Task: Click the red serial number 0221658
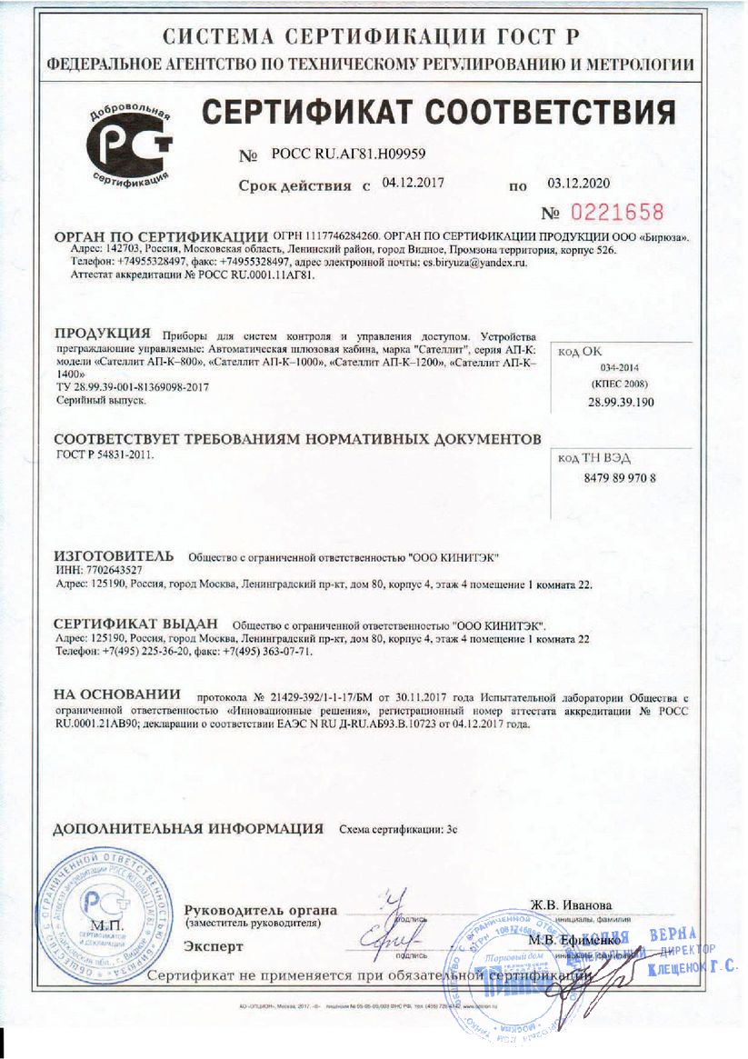[x=616, y=214]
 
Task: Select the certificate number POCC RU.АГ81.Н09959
[x=343, y=155]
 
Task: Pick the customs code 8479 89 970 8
[x=617, y=477]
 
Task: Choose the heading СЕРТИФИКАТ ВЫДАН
[x=136, y=624]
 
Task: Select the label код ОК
[x=580, y=350]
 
